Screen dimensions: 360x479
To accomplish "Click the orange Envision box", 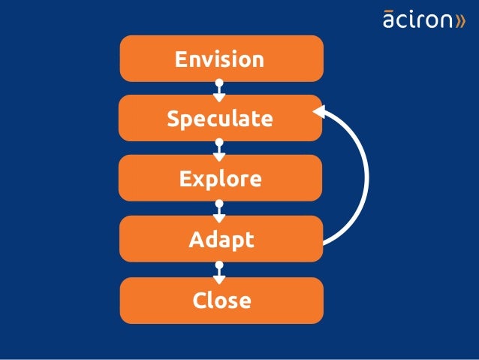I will click(221, 59).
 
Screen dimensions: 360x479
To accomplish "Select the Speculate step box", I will click(221, 119).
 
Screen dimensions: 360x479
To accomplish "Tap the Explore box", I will click(221, 179).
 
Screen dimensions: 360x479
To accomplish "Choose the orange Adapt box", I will click(221, 240).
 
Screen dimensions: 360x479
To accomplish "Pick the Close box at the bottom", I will click(221, 301).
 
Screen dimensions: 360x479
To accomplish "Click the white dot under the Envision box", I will click(219, 82).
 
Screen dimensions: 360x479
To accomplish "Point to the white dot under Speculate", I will click(219, 142).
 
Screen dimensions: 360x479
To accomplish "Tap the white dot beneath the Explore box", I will click(219, 203).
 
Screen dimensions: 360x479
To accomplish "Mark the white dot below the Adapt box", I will click(219, 265).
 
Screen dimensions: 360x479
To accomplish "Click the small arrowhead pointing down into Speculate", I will click(219, 97).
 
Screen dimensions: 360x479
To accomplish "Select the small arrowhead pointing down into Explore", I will click(219, 156).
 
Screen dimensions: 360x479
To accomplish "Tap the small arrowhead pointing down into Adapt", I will click(219, 217).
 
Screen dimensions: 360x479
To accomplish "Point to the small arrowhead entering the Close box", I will click(219, 279).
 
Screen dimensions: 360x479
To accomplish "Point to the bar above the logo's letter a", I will click(389, 11).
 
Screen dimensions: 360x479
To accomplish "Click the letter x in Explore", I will click(199, 180).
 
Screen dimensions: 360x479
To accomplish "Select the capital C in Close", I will click(200, 301).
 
